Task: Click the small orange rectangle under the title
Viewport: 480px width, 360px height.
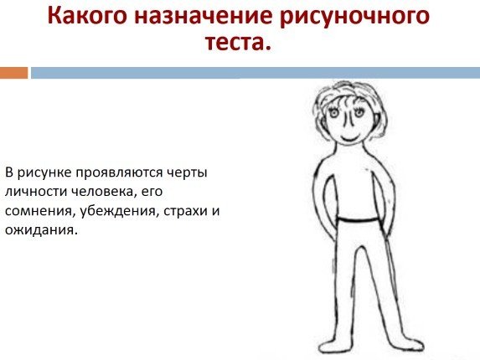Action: [13, 74]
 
